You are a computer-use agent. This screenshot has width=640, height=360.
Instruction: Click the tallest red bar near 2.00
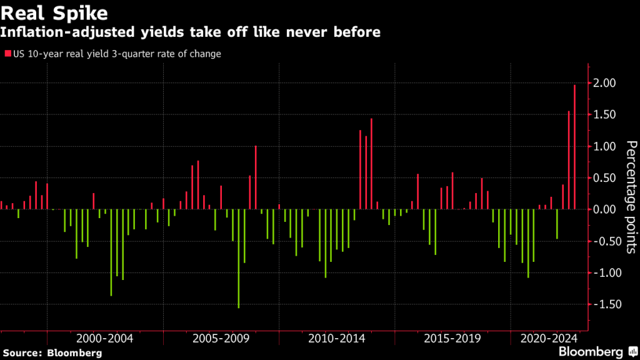(x=574, y=147)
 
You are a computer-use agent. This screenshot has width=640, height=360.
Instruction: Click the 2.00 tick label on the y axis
(x=605, y=83)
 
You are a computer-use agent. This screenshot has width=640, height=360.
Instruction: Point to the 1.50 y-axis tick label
(x=605, y=115)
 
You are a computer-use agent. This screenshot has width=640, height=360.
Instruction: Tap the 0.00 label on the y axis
(x=605, y=209)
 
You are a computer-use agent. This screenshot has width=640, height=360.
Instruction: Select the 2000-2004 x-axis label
(x=104, y=339)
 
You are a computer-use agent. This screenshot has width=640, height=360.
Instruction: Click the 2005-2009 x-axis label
(x=220, y=339)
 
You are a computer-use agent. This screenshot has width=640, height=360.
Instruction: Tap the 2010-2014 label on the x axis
(x=336, y=339)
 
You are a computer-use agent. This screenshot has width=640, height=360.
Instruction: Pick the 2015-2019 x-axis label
(x=452, y=339)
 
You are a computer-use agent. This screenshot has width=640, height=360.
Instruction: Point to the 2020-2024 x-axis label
(x=548, y=339)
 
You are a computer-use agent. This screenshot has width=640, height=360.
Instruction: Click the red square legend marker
(x=7, y=54)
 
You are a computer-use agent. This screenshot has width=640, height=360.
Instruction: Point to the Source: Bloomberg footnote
(x=51, y=352)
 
